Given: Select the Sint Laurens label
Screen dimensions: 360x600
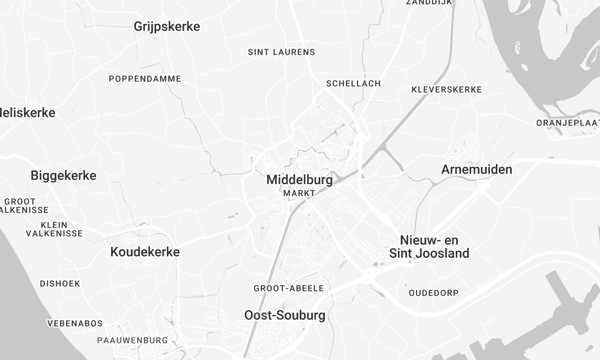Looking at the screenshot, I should click(x=281, y=51).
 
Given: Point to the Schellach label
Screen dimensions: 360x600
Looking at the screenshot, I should click(x=353, y=83).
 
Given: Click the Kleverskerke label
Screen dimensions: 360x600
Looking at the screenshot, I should click(x=447, y=89).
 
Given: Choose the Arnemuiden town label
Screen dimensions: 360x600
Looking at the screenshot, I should click(x=476, y=169).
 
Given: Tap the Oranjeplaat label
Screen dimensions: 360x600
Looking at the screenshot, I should click(x=567, y=122).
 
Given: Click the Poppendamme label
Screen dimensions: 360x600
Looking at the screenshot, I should click(x=143, y=77).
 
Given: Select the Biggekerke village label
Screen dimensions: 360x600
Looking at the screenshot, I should click(x=64, y=175).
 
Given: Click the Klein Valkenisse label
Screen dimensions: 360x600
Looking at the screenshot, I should click(x=55, y=229).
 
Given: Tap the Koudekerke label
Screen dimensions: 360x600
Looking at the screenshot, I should click(x=145, y=252).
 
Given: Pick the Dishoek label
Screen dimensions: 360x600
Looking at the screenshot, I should click(x=60, y=283).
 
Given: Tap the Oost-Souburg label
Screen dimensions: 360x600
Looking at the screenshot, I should click(x=284, y=315).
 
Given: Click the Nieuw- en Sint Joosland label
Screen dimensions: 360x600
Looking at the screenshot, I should click(x=434, y=247).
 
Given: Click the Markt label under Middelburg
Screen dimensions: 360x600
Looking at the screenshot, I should click(x=299, y=193).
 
